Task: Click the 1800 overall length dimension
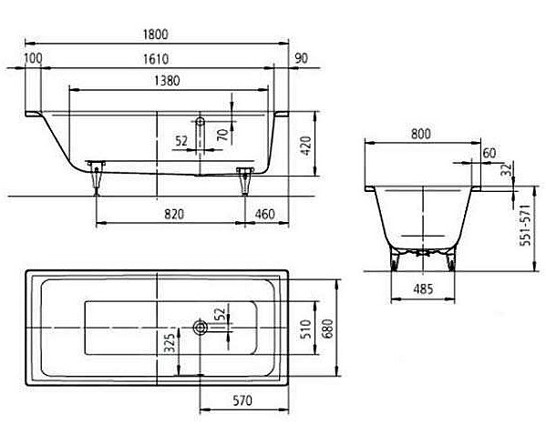pos(156,35)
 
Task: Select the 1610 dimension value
pos(156,59)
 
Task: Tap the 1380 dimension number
pos(167,81)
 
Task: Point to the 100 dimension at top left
pos(34,58)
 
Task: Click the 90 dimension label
pos(302,58)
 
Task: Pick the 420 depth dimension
pos(305,146)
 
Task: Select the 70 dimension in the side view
pos(222,135)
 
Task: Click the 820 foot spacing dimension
pos(174,214)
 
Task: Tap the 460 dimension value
pos(265,214)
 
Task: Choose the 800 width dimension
pos(421,134)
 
